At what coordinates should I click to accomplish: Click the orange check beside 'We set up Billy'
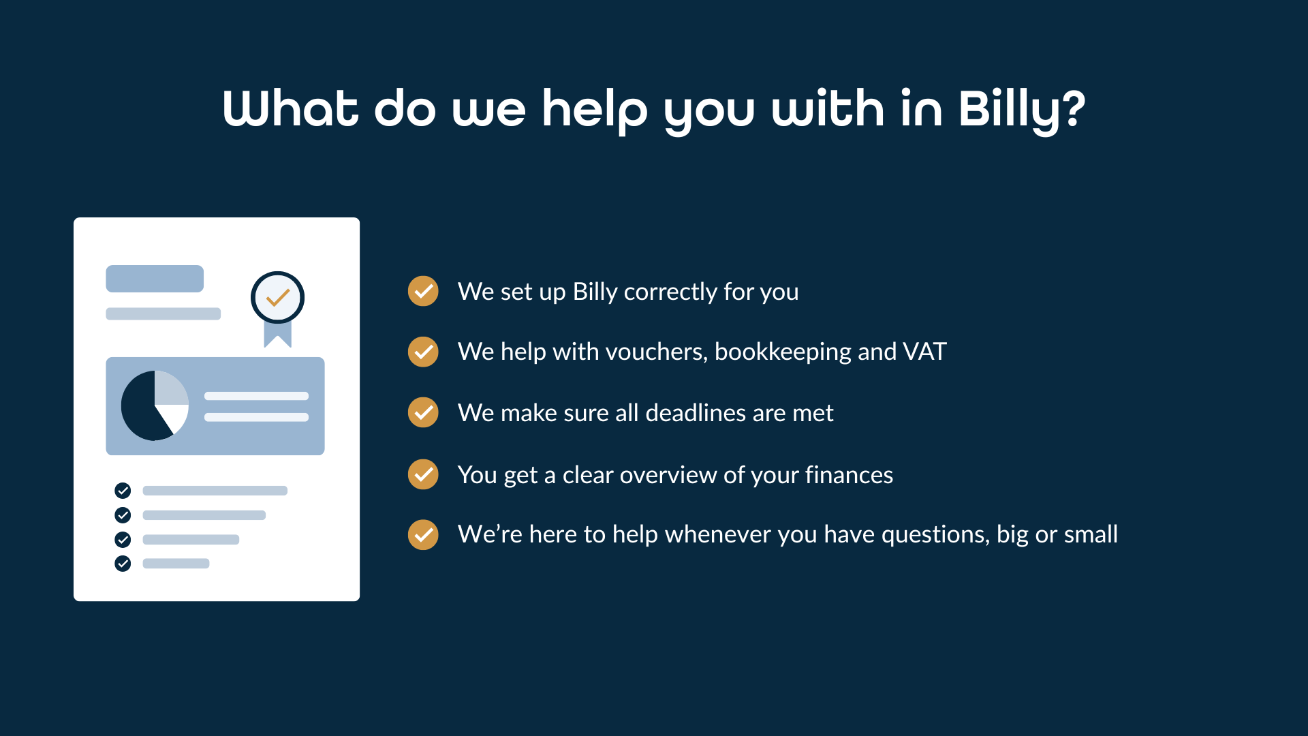point(423,292)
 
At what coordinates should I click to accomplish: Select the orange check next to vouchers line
point(423,352)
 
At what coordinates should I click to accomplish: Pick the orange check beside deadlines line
point(423,412)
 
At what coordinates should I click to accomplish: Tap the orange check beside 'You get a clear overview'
point(423,474)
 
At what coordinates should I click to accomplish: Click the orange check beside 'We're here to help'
point(423,534)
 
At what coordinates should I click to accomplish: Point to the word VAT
point(924,352)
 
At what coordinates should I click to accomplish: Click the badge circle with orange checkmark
point(277,298)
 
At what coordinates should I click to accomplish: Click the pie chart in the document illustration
point(154,405)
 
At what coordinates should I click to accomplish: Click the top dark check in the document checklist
point(123,490)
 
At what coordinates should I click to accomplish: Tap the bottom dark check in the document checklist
point(123,564)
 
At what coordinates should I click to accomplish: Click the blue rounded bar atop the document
point(155,279)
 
